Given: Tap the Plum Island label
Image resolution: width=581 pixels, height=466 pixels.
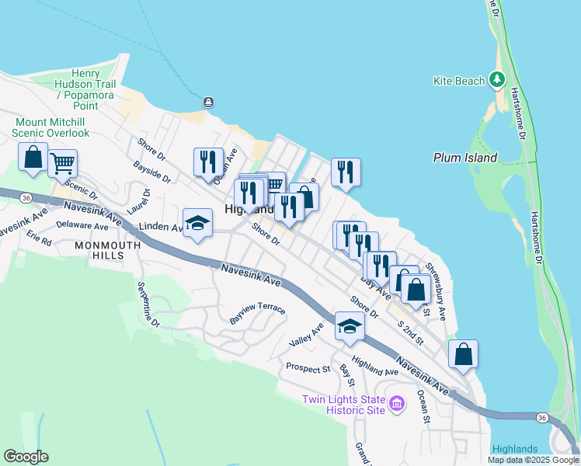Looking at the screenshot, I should click(x=464, y=158).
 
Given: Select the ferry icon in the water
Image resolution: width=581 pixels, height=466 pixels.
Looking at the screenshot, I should click(x=208, y=103).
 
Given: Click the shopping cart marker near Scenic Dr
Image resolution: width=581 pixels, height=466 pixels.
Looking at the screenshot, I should click(x=62, y=164).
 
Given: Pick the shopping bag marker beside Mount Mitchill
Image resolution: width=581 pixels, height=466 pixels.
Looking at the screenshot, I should click(x=33, y=157).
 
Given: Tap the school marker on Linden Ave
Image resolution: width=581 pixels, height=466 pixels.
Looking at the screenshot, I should click(x=197, y=224).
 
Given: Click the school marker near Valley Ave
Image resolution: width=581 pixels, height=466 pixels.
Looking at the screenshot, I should click(x=350, y=326).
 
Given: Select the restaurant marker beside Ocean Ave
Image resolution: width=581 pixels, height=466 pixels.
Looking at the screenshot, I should click(x=207, y=162).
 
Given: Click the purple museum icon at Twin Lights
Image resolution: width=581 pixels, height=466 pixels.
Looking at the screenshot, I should click(x=397, y=403).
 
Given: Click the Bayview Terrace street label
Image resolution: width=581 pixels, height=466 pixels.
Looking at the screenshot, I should click(x=257, y=314).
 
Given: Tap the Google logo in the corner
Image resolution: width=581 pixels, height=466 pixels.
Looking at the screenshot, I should click(x=26, y=457).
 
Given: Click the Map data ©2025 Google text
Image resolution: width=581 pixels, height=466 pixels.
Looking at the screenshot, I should click(x=532, y=460).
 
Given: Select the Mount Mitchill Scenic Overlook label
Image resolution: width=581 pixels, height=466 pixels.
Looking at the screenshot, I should click(x=51, y=127).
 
